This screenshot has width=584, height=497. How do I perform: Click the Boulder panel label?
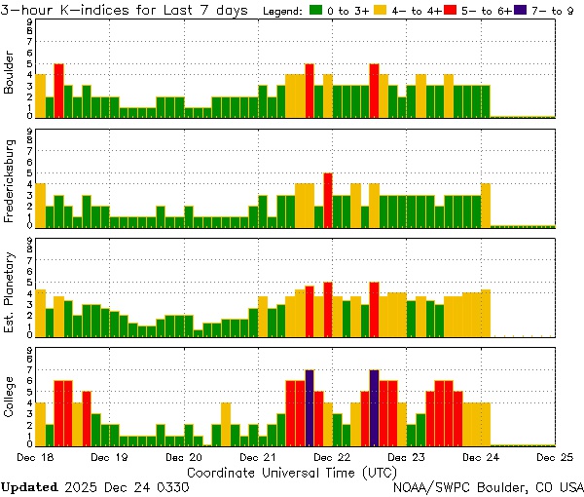[10, 70]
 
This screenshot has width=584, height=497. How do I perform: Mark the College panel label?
[10, 399]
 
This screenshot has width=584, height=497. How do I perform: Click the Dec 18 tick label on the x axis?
[35, 456]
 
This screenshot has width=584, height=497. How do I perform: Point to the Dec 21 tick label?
[257, 456]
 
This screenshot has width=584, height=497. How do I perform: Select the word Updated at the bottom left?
[29, 485]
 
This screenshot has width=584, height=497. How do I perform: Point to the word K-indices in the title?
[98, 10]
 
